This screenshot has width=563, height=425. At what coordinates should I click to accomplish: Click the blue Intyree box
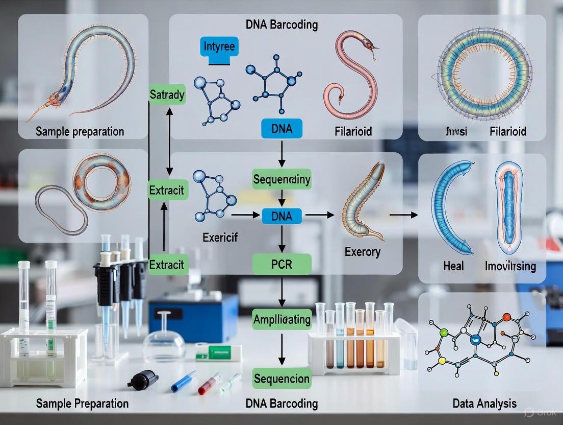(219, 48)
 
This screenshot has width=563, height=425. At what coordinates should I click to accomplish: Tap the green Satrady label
(167, 95)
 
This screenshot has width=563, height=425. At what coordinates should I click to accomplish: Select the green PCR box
(281, 264)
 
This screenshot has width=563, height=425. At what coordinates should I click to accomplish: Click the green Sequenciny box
(281, 179)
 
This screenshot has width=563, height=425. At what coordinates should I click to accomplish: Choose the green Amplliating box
(281, 320)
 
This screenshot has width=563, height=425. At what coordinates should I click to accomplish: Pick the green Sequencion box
(281, 379)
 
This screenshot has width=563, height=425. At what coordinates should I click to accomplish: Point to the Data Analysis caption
(484, 404)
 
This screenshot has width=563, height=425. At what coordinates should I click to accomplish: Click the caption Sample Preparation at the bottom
(82, 404)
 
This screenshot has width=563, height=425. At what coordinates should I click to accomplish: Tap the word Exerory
(362, 252)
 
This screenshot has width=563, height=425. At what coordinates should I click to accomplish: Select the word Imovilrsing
(510, 266)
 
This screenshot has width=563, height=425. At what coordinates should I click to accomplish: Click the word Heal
(453, 266)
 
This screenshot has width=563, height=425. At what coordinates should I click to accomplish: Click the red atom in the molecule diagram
(506, 317)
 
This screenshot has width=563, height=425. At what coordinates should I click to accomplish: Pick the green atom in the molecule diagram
(444, 333)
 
